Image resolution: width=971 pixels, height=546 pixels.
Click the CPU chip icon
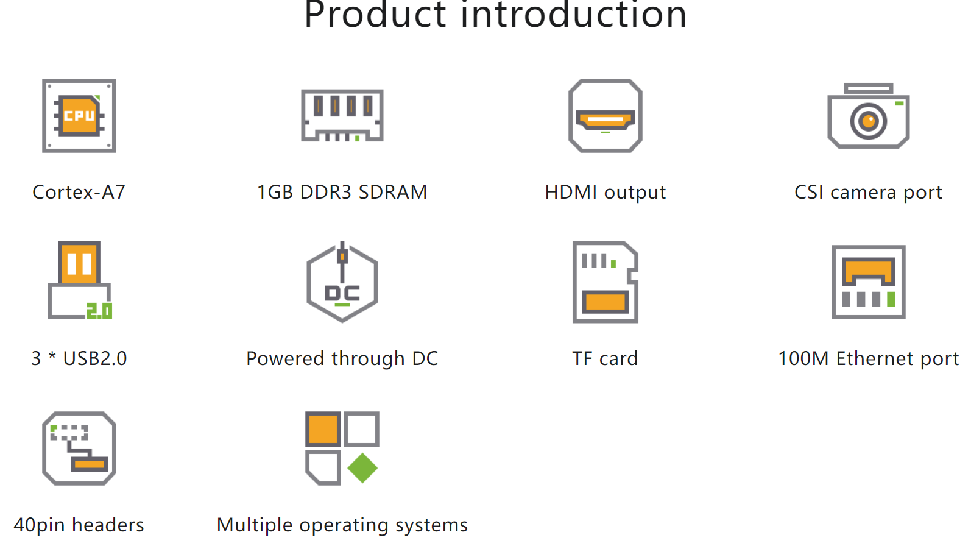point(79,116)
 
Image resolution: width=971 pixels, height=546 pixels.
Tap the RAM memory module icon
point(342,115)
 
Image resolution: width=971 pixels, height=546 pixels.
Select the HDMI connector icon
point(605,116)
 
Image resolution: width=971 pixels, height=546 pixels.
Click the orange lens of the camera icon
point(868,121)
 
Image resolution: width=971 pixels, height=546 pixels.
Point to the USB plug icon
point(79,280)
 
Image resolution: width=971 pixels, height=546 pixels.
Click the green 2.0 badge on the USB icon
point(99,311)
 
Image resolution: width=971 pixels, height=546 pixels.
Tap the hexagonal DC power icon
point(342,282)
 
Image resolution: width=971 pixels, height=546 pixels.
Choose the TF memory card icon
point(605,282)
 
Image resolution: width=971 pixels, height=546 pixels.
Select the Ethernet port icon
point(868,282)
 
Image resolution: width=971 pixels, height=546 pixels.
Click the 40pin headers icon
point(79,448)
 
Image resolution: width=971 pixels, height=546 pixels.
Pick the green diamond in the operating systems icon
point(362,468)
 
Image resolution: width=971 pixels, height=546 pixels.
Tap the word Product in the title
point(375,15)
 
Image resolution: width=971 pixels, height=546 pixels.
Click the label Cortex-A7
point(79,192)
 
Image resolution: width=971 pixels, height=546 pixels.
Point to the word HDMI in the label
point(571,192)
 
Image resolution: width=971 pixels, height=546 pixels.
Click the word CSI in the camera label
point(808,192)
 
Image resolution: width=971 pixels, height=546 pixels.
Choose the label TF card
point(605,359)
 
